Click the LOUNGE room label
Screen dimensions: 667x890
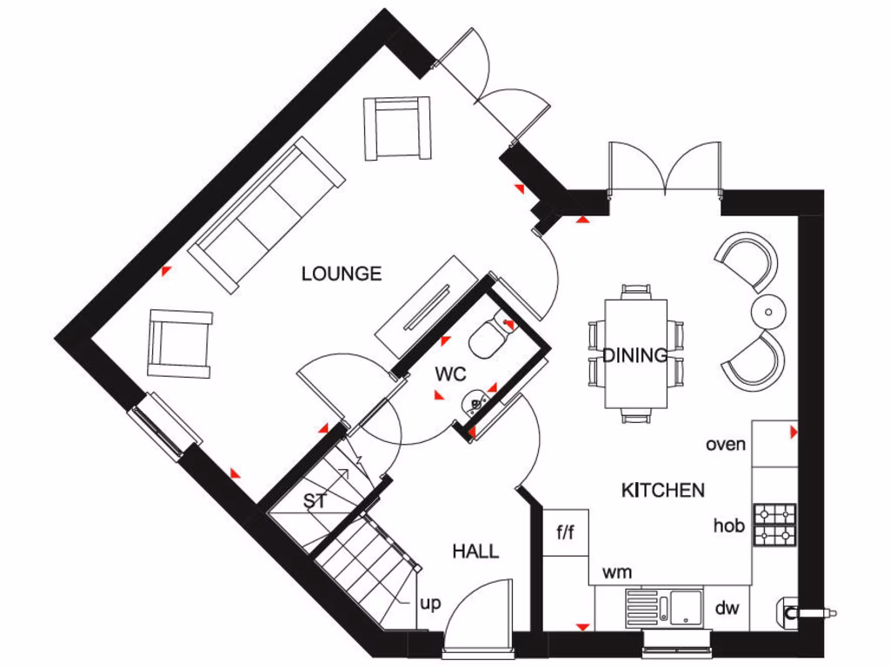click(341, 274)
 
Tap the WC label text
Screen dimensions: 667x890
click(451, 374)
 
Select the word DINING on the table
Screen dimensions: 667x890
click(635, 354)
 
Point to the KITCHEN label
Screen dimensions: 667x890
click(662, 490)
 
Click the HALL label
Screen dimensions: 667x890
click(475, 551)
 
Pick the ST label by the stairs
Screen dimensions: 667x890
click(315, 501)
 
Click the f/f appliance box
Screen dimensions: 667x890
click(565, 532)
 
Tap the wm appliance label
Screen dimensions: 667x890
click(617, 572)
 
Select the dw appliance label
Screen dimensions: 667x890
click(727, 608)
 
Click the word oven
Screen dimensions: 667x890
click(726, 445)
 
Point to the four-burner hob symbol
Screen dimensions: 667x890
click(775, 525)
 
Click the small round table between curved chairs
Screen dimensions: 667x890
click(768, 310)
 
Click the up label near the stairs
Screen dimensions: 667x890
click(430, 603)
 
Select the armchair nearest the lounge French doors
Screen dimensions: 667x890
click(398, 129)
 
